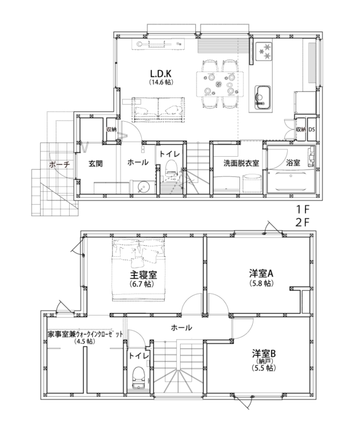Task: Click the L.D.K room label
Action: pos(161,74)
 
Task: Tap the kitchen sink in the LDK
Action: pos(262,97)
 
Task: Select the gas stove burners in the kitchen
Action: pos(264,51)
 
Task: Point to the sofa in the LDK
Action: pos(159,110)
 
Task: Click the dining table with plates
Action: pos(220,84)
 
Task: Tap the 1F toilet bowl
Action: pos(171,168)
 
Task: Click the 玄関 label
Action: pos(95,163)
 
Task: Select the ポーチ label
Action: pos(59,164)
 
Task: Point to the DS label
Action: pos(312,130)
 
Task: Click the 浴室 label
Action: pos(293,163)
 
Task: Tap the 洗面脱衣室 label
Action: pos(241,163)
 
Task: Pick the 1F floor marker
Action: pos(303,209)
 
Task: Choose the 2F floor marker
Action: pos(303,223)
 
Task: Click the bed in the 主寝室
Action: pos(139,270)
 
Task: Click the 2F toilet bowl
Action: pos(138,375)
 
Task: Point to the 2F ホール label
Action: pos(181,328)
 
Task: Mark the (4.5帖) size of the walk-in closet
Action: pos(85,341)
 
